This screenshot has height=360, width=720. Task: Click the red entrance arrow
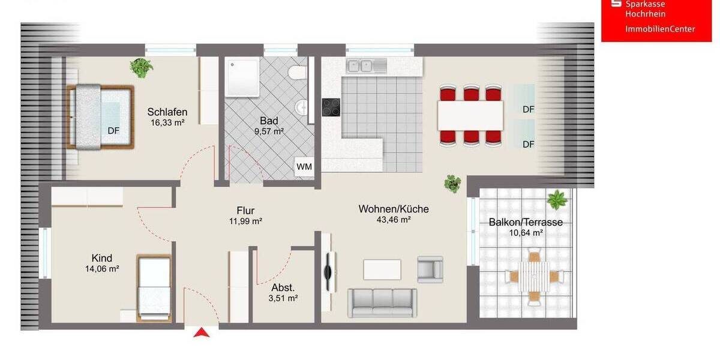[202, 332]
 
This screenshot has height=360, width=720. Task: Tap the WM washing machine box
[304, 167]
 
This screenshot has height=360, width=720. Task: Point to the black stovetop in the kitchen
[331, 107]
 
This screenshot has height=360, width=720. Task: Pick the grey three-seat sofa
[382, 302]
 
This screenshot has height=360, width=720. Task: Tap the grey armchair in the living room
[430, 269]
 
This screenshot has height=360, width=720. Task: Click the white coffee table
[382, 269]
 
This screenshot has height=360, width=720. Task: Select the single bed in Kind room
[154, 287]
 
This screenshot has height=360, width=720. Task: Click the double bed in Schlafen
[100, 116]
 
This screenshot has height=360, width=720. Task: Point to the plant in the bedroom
[142, 67]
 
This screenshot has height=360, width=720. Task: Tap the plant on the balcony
[557, 199]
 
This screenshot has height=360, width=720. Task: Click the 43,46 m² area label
[394, 220]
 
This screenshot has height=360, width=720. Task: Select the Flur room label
[245, 211]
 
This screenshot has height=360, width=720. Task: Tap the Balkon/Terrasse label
[526, 222]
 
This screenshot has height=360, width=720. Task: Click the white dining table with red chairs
[470, 115]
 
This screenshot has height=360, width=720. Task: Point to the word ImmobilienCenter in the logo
[660, 29]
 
